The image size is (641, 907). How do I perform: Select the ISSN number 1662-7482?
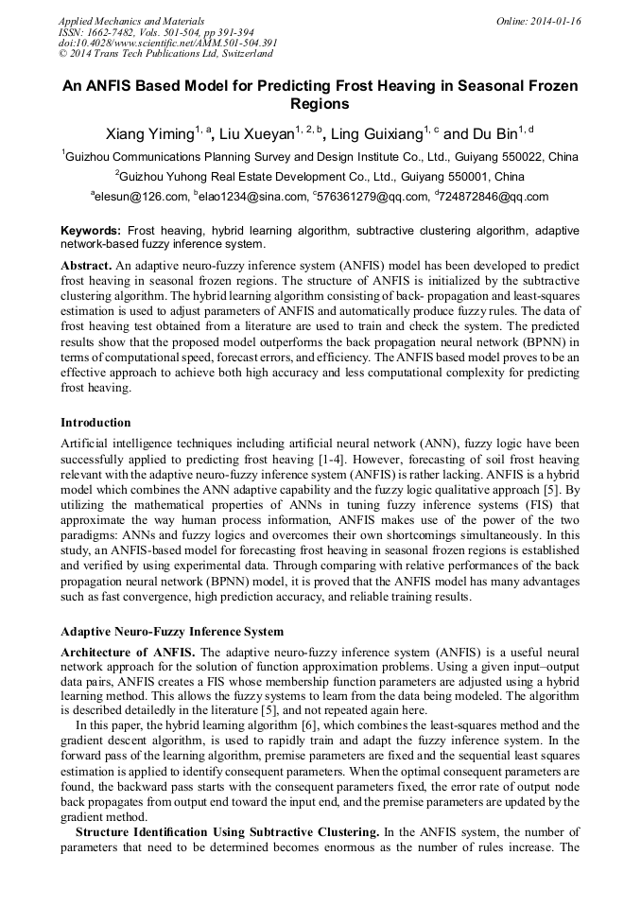click(x=118, y=31)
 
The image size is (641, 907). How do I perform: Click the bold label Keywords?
click(x=91, y=231)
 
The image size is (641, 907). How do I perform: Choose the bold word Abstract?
click(x=86, y=261)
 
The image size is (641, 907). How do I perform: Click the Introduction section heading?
click(x=95, y=422)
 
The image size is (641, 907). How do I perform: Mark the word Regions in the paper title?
click(x=320, y=105)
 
